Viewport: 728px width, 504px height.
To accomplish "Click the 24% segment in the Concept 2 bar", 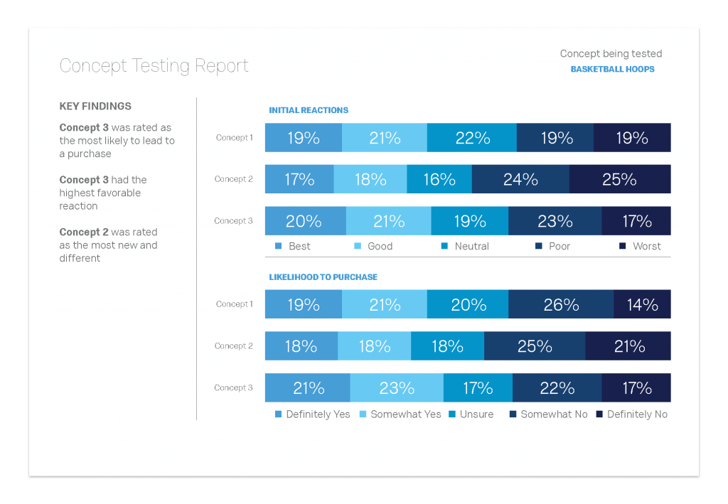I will pos(520,179).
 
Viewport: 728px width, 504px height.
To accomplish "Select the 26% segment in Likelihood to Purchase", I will pos(561,304).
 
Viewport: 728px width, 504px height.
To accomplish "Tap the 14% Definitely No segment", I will pos(642,304).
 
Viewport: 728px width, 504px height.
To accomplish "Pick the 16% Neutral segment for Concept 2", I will pos(439,179).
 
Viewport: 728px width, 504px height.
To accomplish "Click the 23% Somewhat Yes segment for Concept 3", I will pos(397,387).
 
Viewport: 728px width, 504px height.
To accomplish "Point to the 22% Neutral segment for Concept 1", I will pos(471,138).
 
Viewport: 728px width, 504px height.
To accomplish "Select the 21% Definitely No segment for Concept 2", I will pos(628,346).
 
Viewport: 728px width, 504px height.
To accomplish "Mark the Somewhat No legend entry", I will pos(548,414).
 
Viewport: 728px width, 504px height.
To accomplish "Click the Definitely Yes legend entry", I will pos(312,414).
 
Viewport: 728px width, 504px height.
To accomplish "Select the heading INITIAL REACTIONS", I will pos(309,110).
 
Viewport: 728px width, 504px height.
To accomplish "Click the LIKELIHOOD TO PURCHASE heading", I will pos(323,277).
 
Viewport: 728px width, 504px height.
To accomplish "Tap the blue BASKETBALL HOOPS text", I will pos(612,70).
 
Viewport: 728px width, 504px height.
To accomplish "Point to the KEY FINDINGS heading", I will pos(95,107).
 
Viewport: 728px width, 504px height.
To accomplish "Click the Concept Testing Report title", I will pos(154,66).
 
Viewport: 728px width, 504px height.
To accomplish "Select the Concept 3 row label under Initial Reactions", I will pos(233,221).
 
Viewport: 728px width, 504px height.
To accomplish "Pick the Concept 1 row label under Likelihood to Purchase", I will pos(234,304).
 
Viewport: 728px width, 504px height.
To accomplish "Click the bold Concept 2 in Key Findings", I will pos(84,232).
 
